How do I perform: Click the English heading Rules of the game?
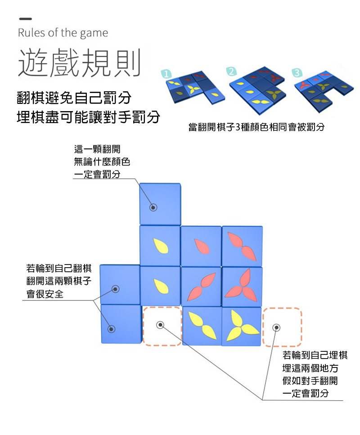(x=63, y=33)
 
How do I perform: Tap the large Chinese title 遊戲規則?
(x=79, y=62)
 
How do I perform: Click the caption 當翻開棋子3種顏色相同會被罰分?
(x=256, y=127)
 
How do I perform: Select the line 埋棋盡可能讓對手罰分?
(x=88, y=117)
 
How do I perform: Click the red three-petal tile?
(x=242, y=286)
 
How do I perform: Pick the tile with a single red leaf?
(x=201, y=246)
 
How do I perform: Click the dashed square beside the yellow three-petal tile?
(x=282, y=327)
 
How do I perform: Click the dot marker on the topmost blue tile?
(x=153, y=207)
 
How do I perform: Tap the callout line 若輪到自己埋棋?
(x=315, y=355)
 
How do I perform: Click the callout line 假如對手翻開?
(x=310, y=381)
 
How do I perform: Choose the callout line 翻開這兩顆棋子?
(x=59, y=282)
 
